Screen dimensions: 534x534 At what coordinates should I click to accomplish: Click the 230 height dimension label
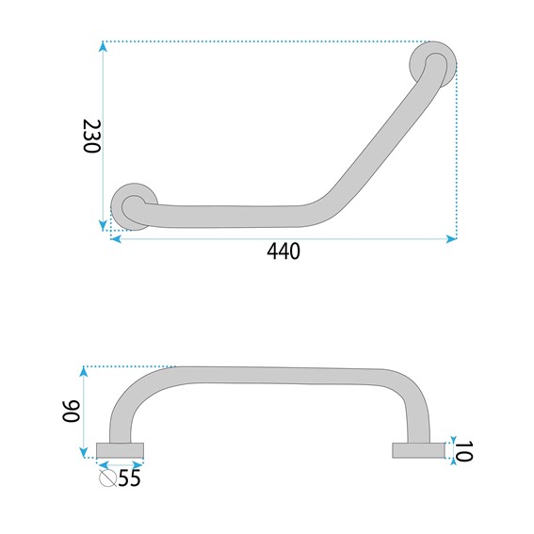[91, 137]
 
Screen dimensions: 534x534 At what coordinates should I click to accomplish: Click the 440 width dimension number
[283, 251]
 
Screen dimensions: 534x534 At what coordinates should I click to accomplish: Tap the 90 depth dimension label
[71, 412]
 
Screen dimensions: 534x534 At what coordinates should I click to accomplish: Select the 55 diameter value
[129, 477]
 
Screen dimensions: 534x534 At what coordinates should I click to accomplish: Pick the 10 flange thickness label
[464, 451]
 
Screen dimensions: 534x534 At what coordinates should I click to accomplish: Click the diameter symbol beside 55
[108, 478]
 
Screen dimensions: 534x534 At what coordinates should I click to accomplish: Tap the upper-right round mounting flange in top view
[433, 64]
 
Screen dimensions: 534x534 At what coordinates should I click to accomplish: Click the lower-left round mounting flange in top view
[134, 206]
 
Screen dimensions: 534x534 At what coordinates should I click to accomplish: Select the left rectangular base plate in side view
[120, 450]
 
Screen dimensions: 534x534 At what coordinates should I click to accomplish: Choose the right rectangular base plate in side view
[418, 450]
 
